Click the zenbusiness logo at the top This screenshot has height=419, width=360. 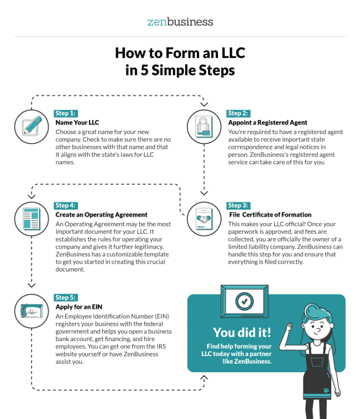click(x=180, y=22)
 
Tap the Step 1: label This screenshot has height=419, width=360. click(x=66, y=113)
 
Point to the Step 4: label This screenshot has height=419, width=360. click(x=66, y=205)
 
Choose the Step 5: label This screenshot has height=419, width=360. click(x=66, y=298)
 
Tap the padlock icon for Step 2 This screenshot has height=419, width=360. click(x=204, y=127)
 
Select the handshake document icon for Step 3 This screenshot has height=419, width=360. click(x=204, y=219)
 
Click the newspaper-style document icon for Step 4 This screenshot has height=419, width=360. click(x=31, y=218)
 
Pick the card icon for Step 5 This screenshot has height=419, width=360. click(x=31, y=311)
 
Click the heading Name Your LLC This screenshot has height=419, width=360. click(x=77, y=123)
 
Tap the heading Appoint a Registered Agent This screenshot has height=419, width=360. click(x=268, y=123)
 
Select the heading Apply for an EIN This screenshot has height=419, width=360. click(x=79, y=307)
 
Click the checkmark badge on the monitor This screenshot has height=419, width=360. click(x=244, y=301)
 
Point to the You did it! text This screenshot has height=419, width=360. click(x=242, y=332)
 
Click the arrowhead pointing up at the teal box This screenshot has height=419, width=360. click(x=204, y=377)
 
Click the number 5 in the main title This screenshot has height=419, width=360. click(x=144, y=70)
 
